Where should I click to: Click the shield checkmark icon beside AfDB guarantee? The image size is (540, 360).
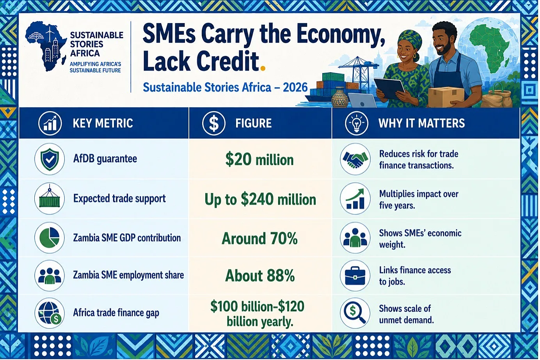(50, 159)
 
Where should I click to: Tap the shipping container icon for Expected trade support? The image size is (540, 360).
(50, 199)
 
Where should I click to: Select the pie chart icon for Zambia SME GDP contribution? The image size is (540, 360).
(50, 238)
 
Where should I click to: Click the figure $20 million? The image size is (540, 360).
(259, 160)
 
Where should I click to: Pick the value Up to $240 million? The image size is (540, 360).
(260, 200)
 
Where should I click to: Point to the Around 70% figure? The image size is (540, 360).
(259, 239)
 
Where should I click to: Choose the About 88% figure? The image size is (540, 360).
(260, 275)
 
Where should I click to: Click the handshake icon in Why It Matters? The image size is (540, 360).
(355, 159)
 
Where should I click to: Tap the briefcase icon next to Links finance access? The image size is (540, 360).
(355, 275)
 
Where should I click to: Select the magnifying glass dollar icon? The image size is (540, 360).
(355, 313)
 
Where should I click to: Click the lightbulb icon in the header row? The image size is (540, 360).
(356, 123)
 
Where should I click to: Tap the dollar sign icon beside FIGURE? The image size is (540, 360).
(213, 123)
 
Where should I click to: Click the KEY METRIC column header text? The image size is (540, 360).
(103, 123)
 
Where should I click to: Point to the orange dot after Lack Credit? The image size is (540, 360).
(263, 69)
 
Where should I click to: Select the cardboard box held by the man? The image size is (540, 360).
(446, 97)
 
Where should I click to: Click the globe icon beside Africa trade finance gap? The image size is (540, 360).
(50, 313)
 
